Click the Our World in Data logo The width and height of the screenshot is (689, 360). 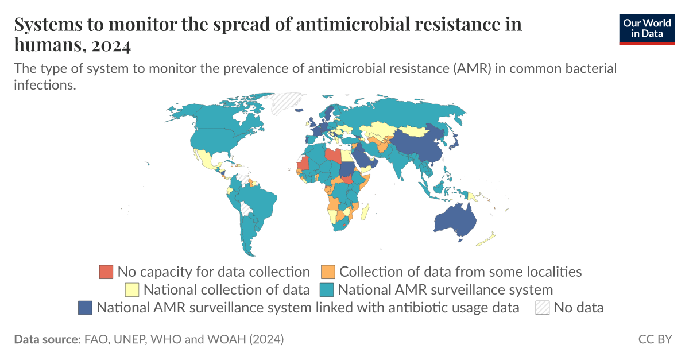(x=647, y=28)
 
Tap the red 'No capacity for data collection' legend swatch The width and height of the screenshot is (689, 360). (x=106, y=272)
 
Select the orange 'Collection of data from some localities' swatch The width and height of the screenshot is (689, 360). (x=328, y=272)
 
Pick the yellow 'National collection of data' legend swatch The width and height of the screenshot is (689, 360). (x=132, y=289)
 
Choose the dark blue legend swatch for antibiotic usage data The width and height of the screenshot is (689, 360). (x=85, y=307)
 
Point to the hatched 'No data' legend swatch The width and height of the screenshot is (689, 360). (x=542, y=307)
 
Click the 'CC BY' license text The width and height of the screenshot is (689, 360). (x=655, y=339)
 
